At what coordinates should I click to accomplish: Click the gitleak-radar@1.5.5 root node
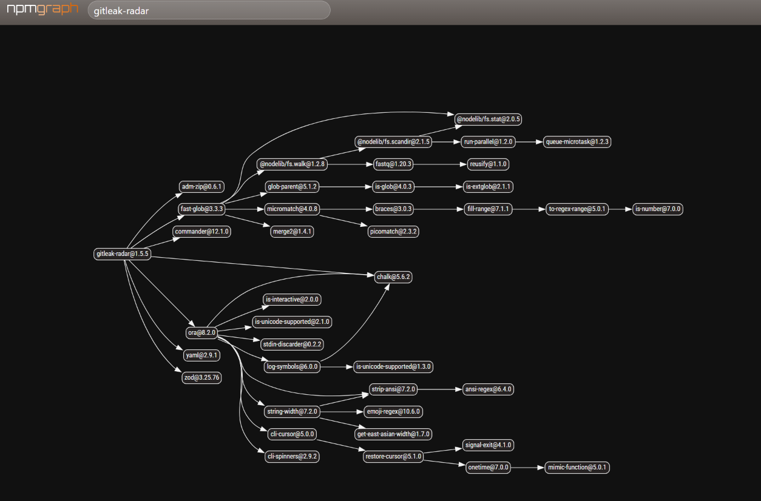(x=123, y=254)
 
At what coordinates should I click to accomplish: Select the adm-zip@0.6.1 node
(x=201, y=186)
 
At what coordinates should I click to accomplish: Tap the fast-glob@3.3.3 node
(x=201, y=209)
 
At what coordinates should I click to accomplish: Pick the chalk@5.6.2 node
(x=393, y=277)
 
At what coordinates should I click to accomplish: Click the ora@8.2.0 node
(x=201, y=332)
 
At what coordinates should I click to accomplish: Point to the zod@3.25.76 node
(x=201, y=377)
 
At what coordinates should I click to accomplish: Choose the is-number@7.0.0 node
(x=658, y=209)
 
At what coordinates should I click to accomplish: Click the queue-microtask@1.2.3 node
(x=577, y=142)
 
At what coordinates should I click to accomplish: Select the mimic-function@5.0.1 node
(x=577, y=468)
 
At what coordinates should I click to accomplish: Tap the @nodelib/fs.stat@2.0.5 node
(x=488, y=119)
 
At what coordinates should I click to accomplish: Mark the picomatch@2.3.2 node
(x=393, y=232)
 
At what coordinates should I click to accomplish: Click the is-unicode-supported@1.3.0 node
(x=393, y=366)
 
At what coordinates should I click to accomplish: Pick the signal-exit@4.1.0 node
(x=488, y=445)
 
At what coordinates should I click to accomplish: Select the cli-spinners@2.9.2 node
(x=292, y=456)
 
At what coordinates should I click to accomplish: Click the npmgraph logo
(x=42, y=9)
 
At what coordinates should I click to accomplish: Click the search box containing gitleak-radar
(x=209, y=10)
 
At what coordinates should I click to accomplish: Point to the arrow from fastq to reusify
(x=440, y=164)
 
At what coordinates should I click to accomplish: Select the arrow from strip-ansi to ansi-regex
(x=440, y=389)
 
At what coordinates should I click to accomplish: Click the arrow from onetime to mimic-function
(x=527, y=468)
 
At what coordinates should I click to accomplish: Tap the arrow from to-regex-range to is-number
(x=620, y=209)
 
